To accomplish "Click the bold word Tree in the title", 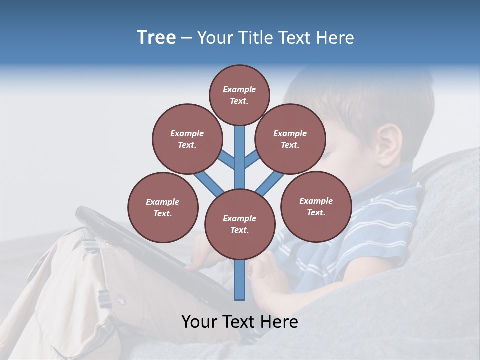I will [x=156, y=37].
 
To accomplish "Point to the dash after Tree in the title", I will [x=186, y=38].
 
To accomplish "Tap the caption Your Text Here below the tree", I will [x=239, y=322].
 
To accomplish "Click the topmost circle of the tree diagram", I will [x=239, y=95].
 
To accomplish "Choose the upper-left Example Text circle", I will [x=187, y=139].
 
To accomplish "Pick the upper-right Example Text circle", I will [x=290, y=139].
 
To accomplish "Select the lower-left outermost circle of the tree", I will [x=163, y=207].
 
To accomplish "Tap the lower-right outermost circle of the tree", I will [x=316, y=206].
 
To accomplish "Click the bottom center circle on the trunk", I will [x=240, y=224].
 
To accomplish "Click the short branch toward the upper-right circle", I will [x=252, y=159].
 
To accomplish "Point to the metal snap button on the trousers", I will [x=121, y=299].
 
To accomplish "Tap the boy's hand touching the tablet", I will [x=200, y=255].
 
